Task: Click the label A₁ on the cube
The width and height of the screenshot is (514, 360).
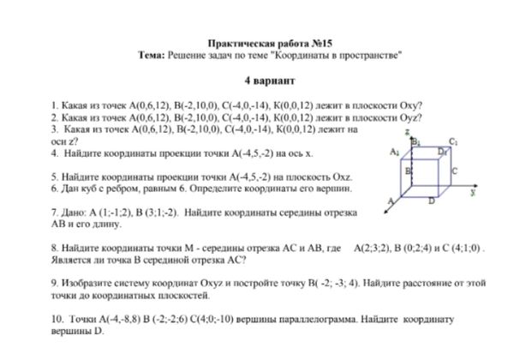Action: pyautogui.click(x=394, y=151)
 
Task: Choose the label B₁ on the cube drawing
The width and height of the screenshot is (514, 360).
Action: pyautogui.click(x=416, y=141)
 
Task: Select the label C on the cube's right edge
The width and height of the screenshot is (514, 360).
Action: pyautogui.click(x=453, y=171)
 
